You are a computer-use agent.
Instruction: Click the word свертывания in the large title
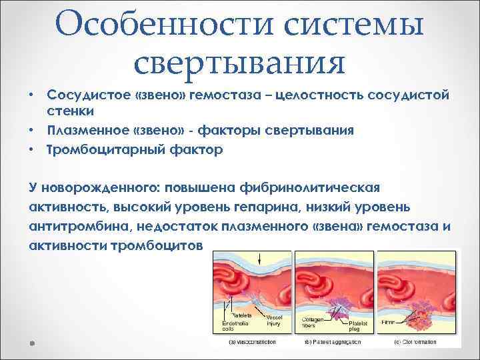pos(239,64)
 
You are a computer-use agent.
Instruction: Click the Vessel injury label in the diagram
pos(275,321)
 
